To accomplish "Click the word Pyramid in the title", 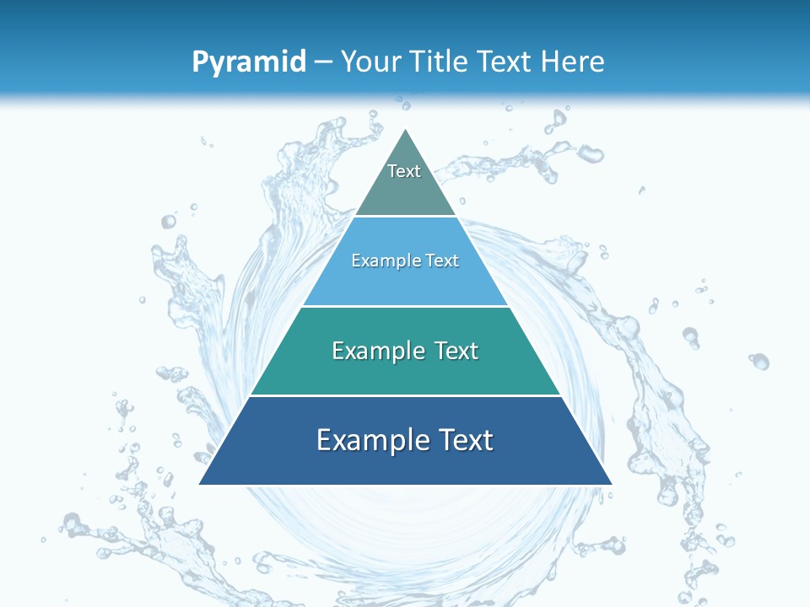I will [x=249, y=62].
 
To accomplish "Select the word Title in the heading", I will [x=442, y=62].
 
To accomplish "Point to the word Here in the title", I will [x=573, y=62].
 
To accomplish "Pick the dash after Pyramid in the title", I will [x=323, y=62].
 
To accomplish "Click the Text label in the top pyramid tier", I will [x=404, y=171].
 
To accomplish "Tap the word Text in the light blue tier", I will [x=441, y=261].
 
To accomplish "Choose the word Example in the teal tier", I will [x=372, y=351].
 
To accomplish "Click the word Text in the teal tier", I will [x=456, y=351].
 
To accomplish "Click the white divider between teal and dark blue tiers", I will [x=405, y=395].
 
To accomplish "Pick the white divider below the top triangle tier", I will [x=405, y=217].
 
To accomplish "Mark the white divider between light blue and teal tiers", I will [x=405, y=306].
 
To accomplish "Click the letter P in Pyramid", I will [x=200, y=62].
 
